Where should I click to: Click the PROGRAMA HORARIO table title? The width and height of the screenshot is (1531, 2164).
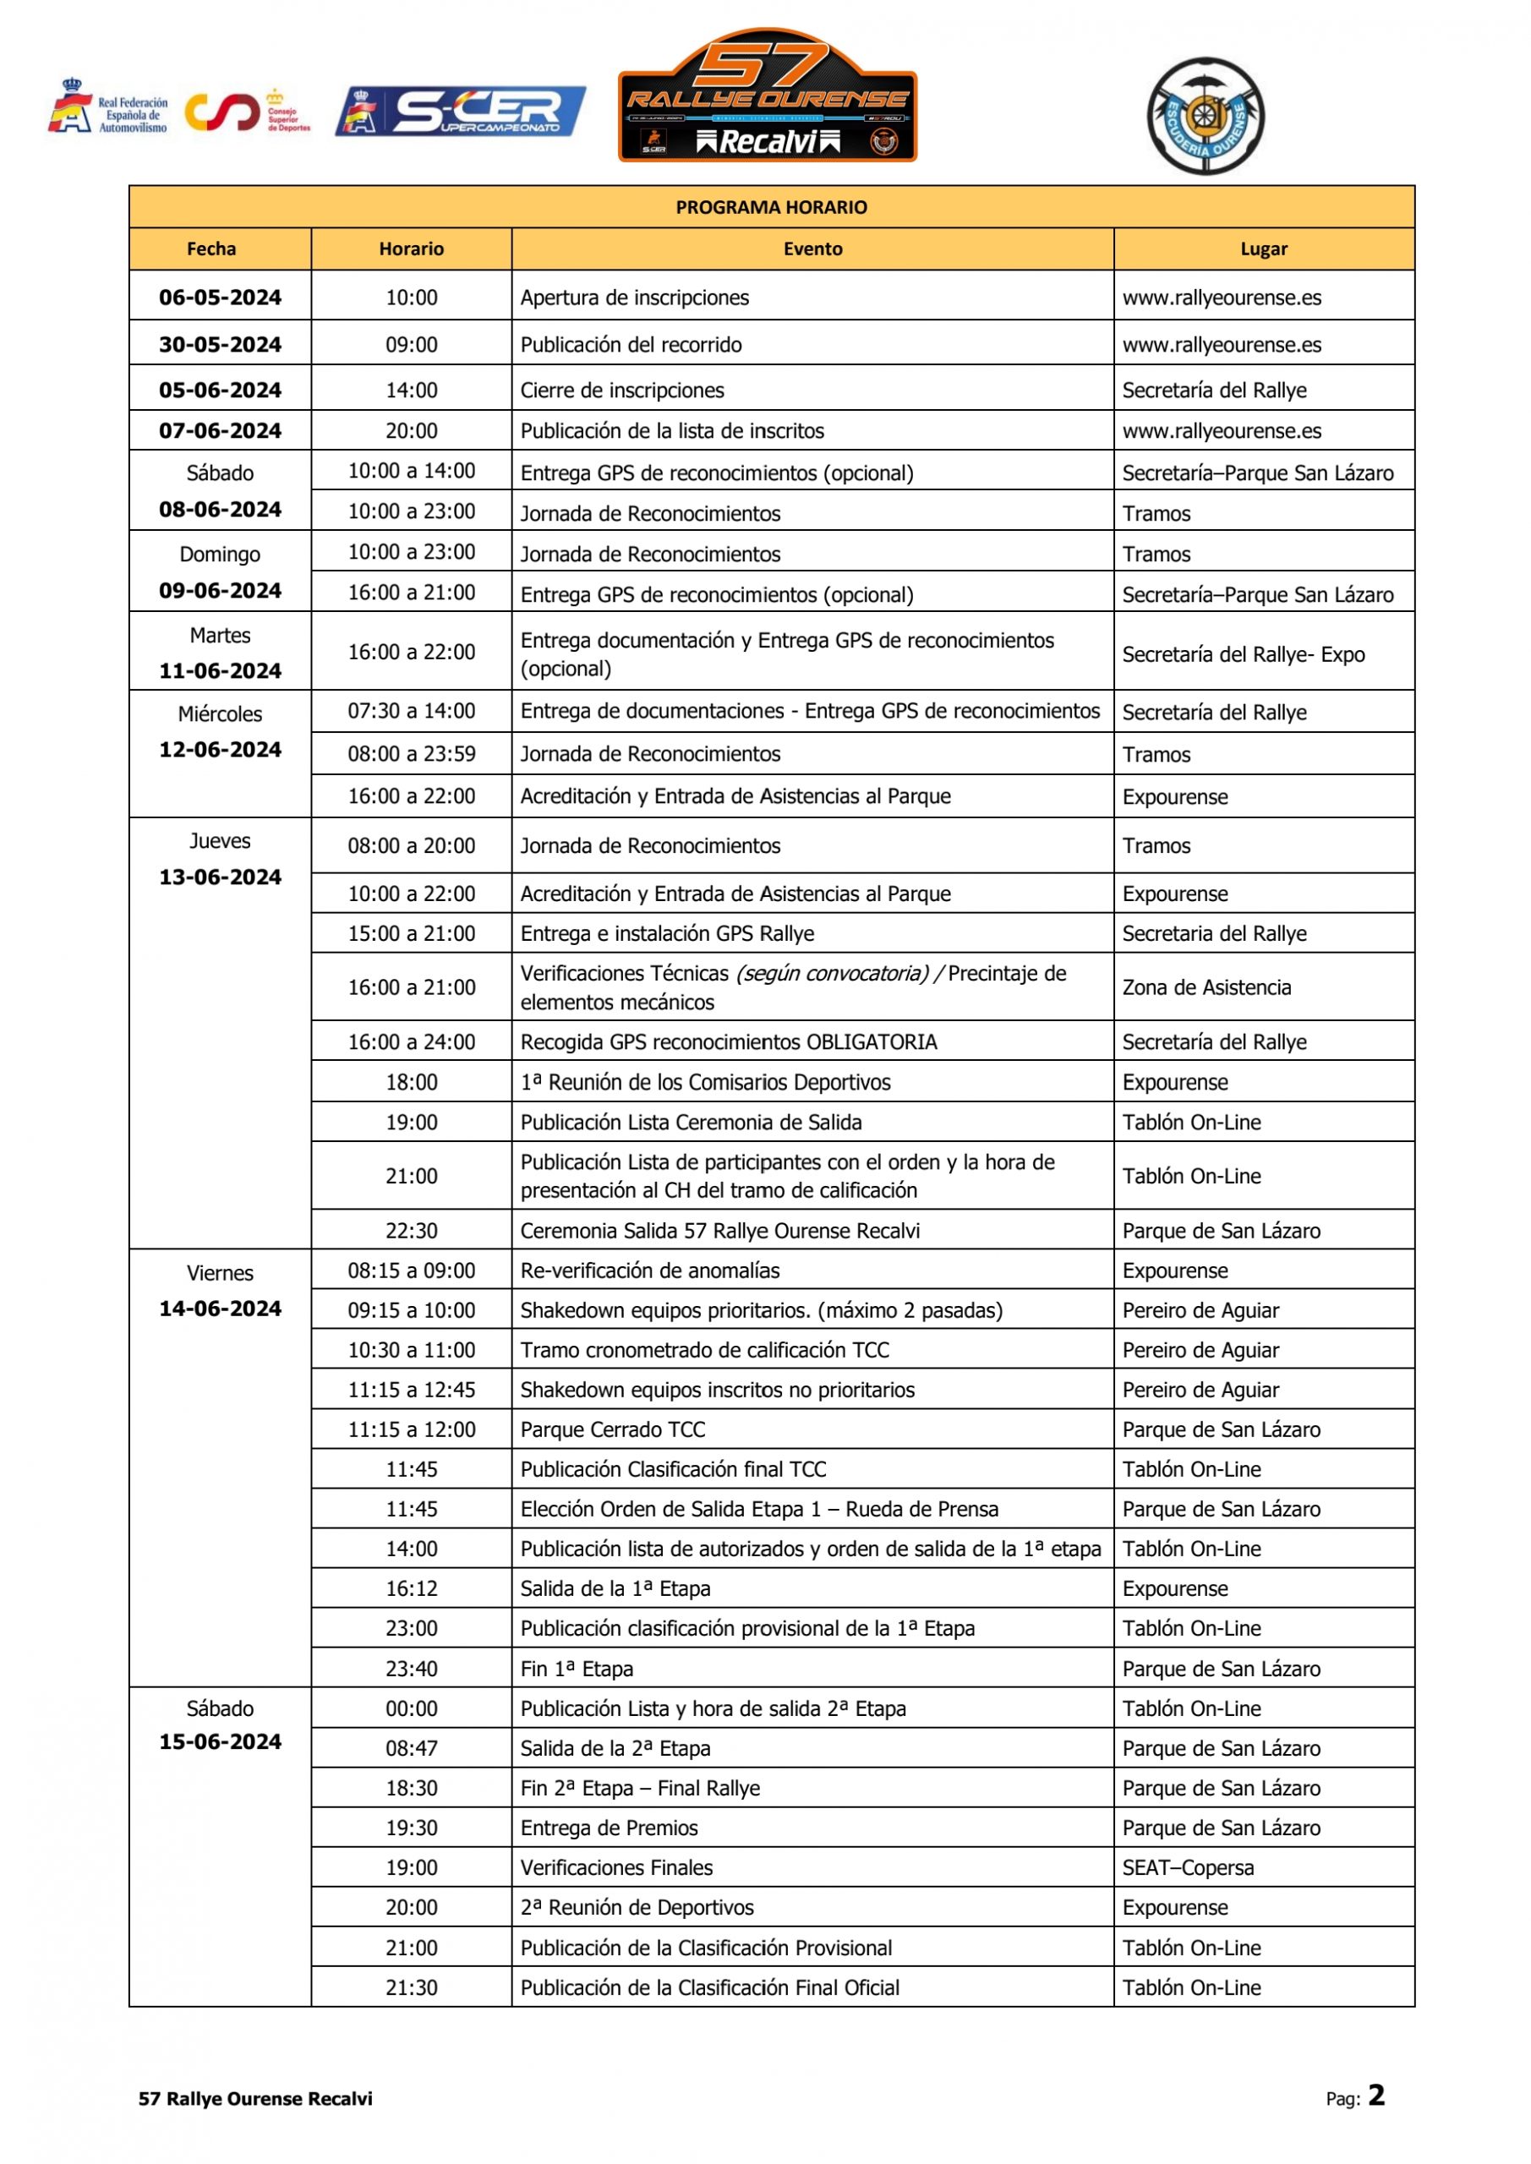(771, 207)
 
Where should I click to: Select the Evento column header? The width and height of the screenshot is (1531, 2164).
(812, 249)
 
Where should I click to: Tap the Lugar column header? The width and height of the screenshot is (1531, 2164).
(1263, 249)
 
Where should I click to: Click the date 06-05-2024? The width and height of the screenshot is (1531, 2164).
(220, 298)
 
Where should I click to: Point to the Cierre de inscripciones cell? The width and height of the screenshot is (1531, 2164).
(622, 391)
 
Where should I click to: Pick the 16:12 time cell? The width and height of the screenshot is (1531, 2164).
(411, 1588)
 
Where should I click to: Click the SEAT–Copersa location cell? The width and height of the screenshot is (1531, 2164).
(1188, 1867)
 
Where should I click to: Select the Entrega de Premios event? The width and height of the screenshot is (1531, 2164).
(609, 1828)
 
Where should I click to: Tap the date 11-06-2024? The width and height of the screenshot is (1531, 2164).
(220, 671)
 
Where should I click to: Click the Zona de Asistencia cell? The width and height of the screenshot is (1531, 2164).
(1206, 986)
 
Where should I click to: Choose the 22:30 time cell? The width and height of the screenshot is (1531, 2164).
(411, 1230)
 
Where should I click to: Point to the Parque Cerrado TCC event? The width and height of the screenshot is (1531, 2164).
(613, 1429)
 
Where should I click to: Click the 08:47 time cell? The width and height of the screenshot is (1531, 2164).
(411, 1748)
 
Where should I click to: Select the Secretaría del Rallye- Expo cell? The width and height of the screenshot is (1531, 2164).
(1244, 654)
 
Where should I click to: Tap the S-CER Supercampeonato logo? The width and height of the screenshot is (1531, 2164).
(460, 112)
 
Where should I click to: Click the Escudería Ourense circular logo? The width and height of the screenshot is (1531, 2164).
(1205, 116)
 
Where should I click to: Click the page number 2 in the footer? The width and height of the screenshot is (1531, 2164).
(1376, 2096)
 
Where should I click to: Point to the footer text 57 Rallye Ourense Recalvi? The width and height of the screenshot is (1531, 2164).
(255, 2099)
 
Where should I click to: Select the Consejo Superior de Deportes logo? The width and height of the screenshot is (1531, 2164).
(247, 112)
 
